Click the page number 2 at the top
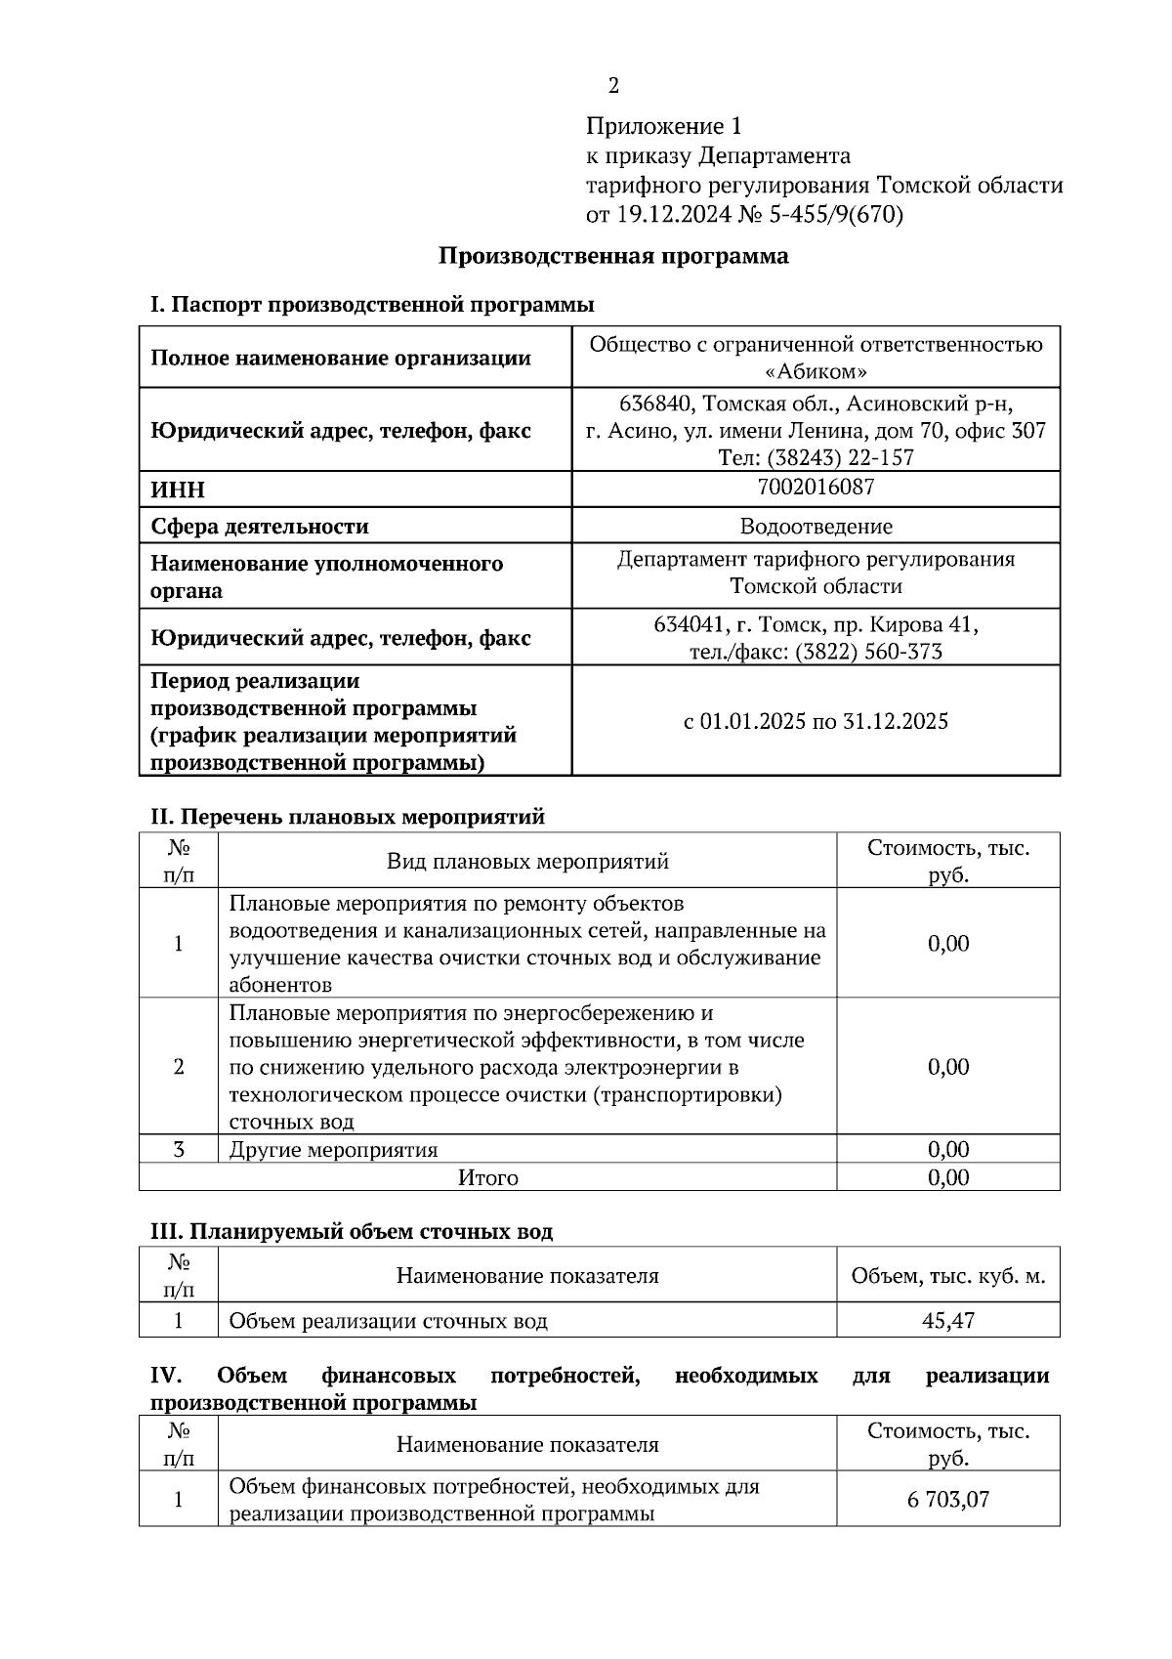613,87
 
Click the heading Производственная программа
612,257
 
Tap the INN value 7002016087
816,487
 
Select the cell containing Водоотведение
816,527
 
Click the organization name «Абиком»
816,372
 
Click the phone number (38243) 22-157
841,457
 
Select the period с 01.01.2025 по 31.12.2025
816,722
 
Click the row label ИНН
178,490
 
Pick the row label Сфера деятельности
260,527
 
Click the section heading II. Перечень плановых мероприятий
347,817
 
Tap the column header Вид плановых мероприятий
527,861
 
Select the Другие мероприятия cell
334,1150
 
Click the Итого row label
488,1178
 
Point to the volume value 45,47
947,1321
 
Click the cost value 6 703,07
947,1499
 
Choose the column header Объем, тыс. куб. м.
947,1276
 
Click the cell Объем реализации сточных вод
389,1322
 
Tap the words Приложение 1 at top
664,126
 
